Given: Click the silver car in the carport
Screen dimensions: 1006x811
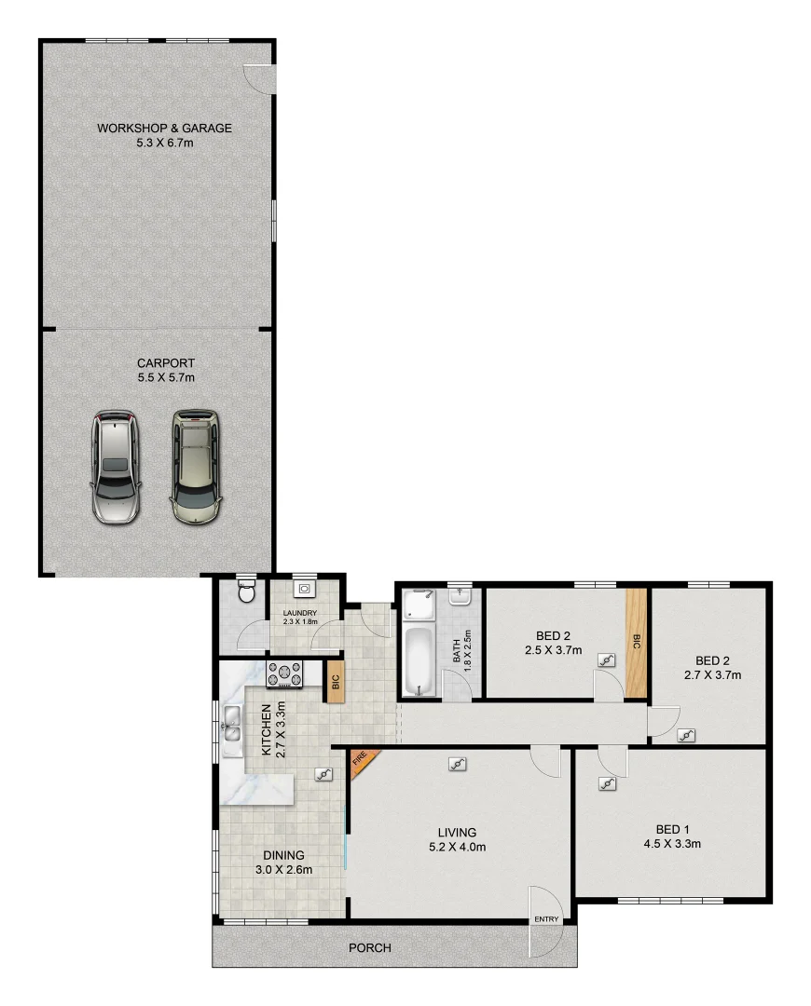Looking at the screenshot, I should (x=116, y=467).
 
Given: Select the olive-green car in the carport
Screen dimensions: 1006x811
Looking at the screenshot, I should (x=196, y=465).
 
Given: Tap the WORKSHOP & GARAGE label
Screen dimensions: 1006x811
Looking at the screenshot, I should (x=165, y=129).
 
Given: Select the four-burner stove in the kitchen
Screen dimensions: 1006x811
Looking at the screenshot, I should (x=286, y=673).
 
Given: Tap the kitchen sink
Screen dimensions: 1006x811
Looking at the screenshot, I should (x=231, y=725).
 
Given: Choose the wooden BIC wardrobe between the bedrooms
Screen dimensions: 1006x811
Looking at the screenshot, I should (x=637, y=642).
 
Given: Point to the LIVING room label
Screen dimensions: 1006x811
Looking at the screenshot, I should (x=458, y=832).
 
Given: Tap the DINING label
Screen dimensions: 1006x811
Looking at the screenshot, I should (x=282, y=855).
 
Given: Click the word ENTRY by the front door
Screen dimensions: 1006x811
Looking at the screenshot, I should (x=546, y=920).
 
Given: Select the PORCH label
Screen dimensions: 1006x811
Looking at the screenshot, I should (x=369, y=948).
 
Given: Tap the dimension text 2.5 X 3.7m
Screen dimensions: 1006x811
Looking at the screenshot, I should (x=553, y=651).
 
